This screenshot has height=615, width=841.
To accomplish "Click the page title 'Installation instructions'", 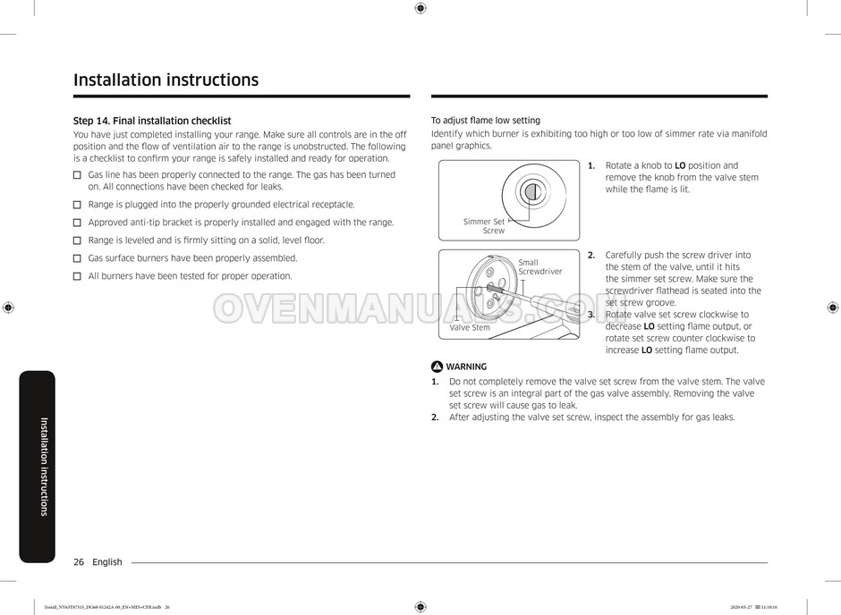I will (x=166, y=80).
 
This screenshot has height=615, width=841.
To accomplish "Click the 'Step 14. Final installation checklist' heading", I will (x=152, y=121).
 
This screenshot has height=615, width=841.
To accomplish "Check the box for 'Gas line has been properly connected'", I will (x=77, y=175).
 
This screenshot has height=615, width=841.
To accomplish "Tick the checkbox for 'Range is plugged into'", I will (x=77, y=205).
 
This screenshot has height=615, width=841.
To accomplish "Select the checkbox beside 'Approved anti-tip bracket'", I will (x=77, y=223).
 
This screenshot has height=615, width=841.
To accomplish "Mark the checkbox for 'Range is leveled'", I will (x=77, y=240).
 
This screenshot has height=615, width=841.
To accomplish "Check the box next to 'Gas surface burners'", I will (x=77, y=258).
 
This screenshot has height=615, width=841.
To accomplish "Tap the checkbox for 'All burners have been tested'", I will (x=77, y=276).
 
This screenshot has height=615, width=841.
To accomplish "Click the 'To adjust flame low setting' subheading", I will (x=486, y=121).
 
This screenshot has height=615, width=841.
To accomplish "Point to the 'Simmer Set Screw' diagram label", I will (x=484, y=226).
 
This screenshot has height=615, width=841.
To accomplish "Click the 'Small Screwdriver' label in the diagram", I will (x=539, y=266).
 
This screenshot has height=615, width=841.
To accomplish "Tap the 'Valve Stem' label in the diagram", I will (x=470, y=328).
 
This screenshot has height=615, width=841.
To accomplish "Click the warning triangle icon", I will (x=437, y=366).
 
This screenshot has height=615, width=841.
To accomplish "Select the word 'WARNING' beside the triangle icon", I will (x=466, y=366).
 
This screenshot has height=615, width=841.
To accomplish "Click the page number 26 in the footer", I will (x=79, y=562).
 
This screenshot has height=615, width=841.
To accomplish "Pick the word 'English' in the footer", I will (x=107, y=562).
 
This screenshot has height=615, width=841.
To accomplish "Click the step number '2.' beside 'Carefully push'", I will (x=591, y=255).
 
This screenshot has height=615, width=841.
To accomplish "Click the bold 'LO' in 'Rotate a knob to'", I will (x=680, y=165).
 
